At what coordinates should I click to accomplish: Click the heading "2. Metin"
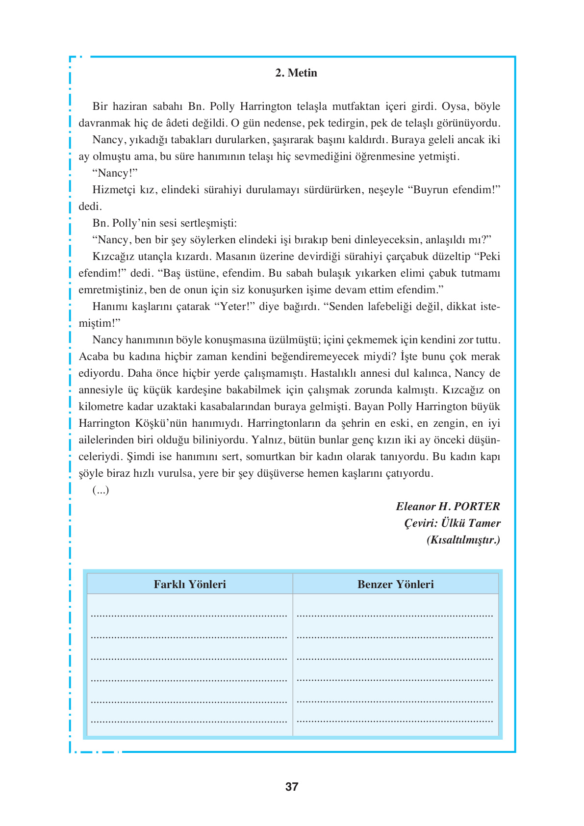296,73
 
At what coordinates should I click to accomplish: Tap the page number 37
292,787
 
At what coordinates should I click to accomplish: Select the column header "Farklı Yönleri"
190,584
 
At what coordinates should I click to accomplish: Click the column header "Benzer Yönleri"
395,584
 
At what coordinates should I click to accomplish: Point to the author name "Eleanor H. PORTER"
448,506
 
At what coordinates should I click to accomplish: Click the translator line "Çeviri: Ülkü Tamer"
452,523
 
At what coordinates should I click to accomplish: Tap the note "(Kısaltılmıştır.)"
463,540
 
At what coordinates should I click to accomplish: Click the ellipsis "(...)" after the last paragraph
101,490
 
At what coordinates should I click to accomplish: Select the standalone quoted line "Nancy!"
115,173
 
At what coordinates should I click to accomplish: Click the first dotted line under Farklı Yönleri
189,615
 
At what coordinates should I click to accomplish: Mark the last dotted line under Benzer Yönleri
395,722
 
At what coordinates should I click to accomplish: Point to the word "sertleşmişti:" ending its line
208,223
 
